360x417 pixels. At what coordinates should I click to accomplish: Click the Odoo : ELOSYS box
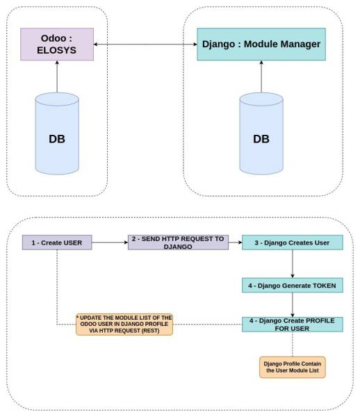pyautogui.click(x=57, y=44)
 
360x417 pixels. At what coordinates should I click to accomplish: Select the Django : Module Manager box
pyautogui.click(x=261, y=44)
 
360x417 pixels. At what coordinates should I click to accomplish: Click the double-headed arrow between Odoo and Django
pyautogui.click(x=145, y=44)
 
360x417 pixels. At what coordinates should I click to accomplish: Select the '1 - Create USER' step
pyautogui.click(x=57, y=243)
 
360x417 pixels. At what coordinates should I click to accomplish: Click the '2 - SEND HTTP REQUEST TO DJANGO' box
pyautogui.click(x=178, y=243)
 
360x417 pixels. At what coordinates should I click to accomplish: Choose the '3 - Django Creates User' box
pyautogui.click(x=293, y=243)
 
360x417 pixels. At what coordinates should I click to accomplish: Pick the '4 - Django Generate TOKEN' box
pyautogui.click(x=293, y=286)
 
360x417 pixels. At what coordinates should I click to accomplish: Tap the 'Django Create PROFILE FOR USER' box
pyautogui.click(x=293, y=324)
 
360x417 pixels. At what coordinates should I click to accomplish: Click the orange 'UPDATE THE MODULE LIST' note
pyautogui.click(x=124, y=324)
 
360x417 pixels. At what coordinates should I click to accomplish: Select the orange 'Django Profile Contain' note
pyautogui.click(x=293, y=367)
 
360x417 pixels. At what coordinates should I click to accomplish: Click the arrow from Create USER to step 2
pyautogui.click(x=109, y=243)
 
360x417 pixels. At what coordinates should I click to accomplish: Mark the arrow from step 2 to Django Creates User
pyautogui.click(x=235, y=243)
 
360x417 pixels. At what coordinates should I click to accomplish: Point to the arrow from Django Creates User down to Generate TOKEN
pyautogui.click(x=293, y=264)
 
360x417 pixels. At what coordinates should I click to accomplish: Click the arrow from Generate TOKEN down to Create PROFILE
pyautogui.click(x=293, y=304)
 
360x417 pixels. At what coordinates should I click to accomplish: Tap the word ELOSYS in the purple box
pyautogui.click(x=57, y=51)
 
